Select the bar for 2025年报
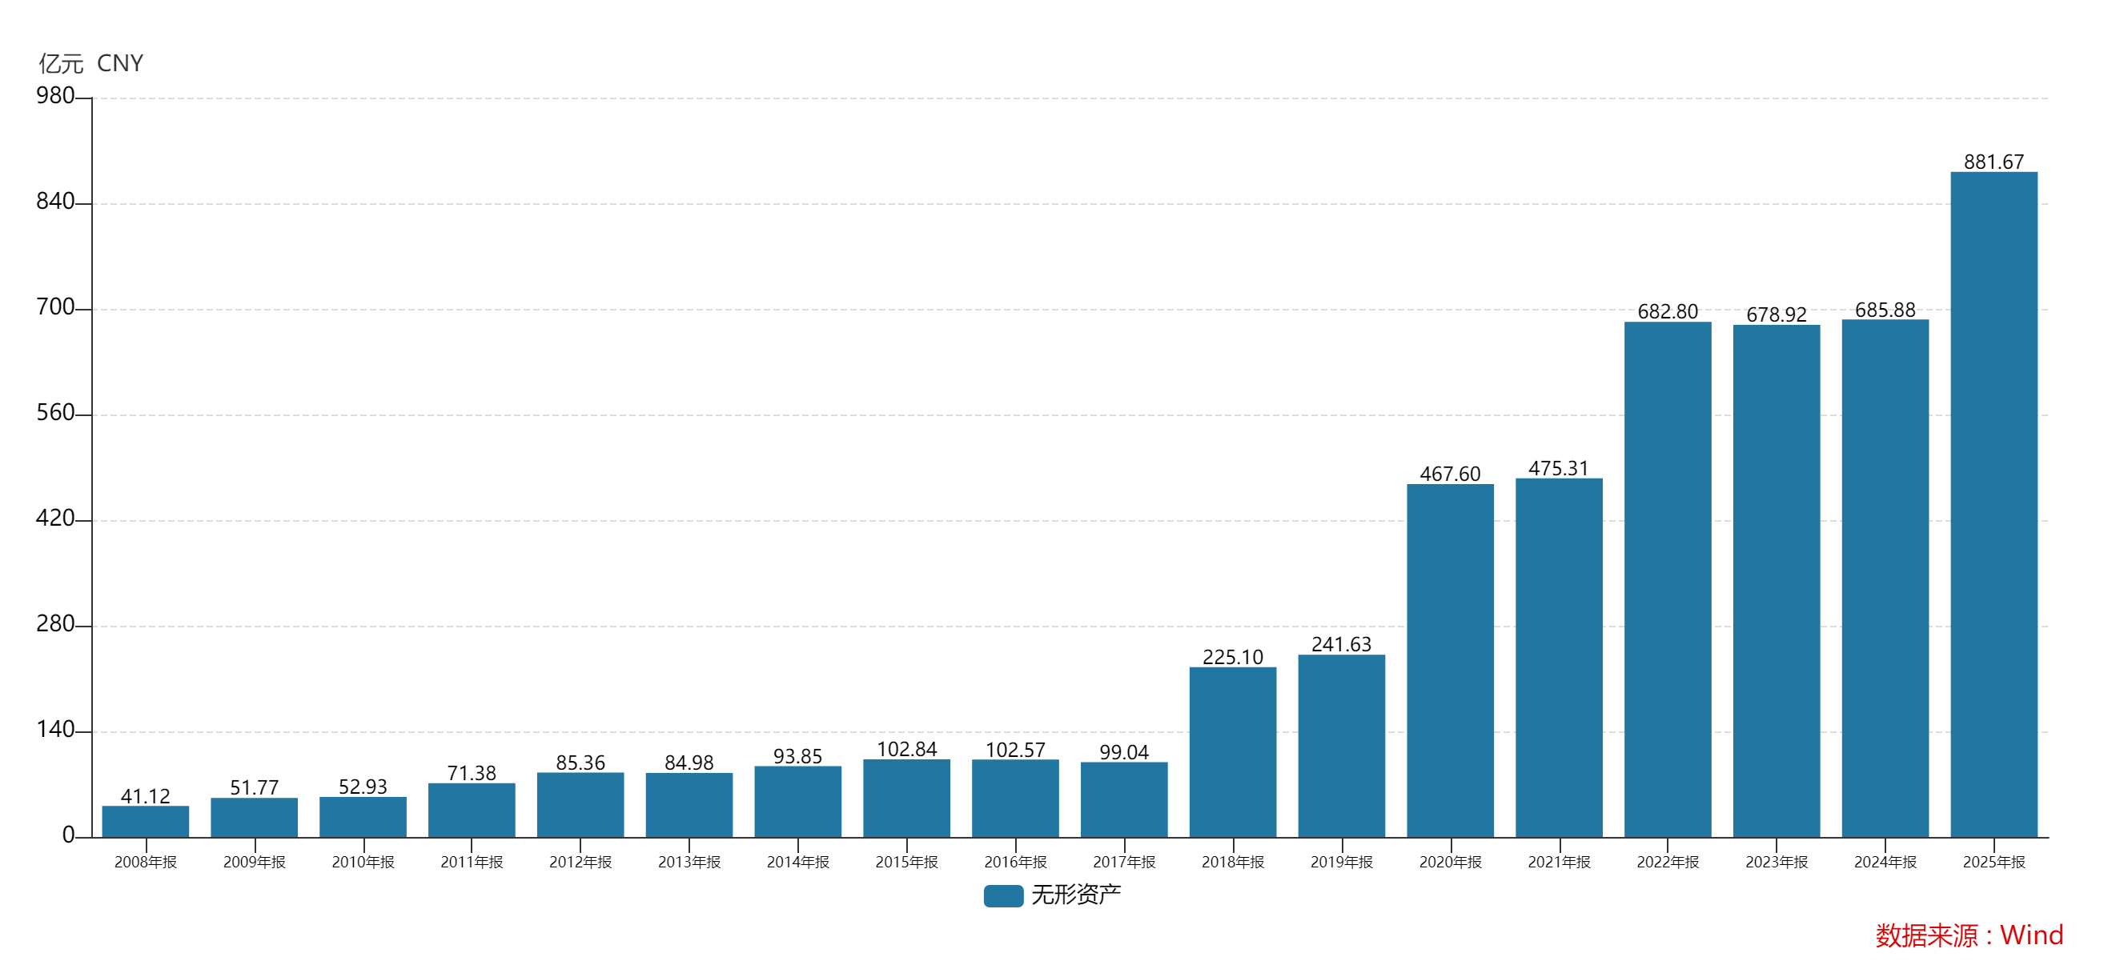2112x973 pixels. tap(1994, 504)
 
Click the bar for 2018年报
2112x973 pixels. tap(1232, 751)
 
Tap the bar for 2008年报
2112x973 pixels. tap(145, 820)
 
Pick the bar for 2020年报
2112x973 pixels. tap(1450, 660)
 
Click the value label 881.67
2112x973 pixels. tap(1994, 162)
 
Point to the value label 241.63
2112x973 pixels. tap(1341, 643)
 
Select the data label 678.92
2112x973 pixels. tap(1776, 314)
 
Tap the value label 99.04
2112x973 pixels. tap(1123, 751)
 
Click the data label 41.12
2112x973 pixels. tap(145, 796)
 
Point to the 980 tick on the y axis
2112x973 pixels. tap(55, 96)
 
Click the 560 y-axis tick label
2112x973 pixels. tap(55, 413)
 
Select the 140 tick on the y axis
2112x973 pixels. tap(55, 730)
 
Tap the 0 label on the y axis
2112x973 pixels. tap(68, 835)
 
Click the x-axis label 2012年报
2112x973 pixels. tap(580, 862)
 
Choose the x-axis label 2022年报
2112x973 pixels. tap(1667, 862)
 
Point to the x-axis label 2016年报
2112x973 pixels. tap(1015, 862)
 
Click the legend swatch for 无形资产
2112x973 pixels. tap(1002, 895)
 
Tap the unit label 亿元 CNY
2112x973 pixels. tap(91, 63)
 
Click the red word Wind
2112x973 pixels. tap(2031, 935)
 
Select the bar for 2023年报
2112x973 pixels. tap(1776, 580)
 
